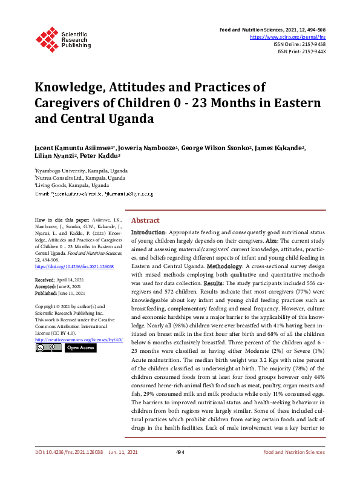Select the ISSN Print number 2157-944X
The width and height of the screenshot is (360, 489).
click(311, 51)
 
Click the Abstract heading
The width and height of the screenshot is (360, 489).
click(145, 220)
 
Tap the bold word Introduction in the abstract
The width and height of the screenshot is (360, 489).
click(148, 232)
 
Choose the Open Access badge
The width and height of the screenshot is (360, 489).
click(80, 348)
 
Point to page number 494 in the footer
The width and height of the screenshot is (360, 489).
click(180, 469)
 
